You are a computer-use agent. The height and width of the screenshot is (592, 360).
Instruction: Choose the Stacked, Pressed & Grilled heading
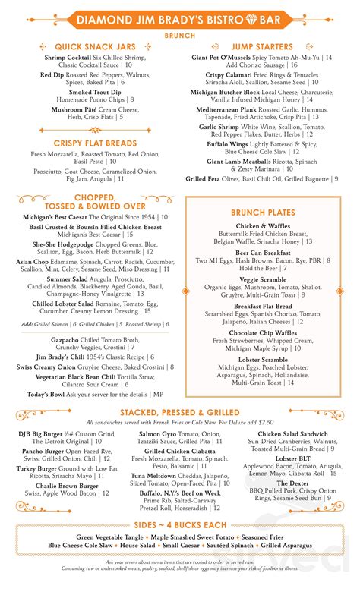point(179,411)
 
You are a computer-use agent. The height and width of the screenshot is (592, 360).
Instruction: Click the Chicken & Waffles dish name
point(262,227)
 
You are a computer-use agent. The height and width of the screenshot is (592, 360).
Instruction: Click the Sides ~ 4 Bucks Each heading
point(179,525)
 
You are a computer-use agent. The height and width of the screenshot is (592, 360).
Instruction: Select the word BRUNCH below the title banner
point(180,35)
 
